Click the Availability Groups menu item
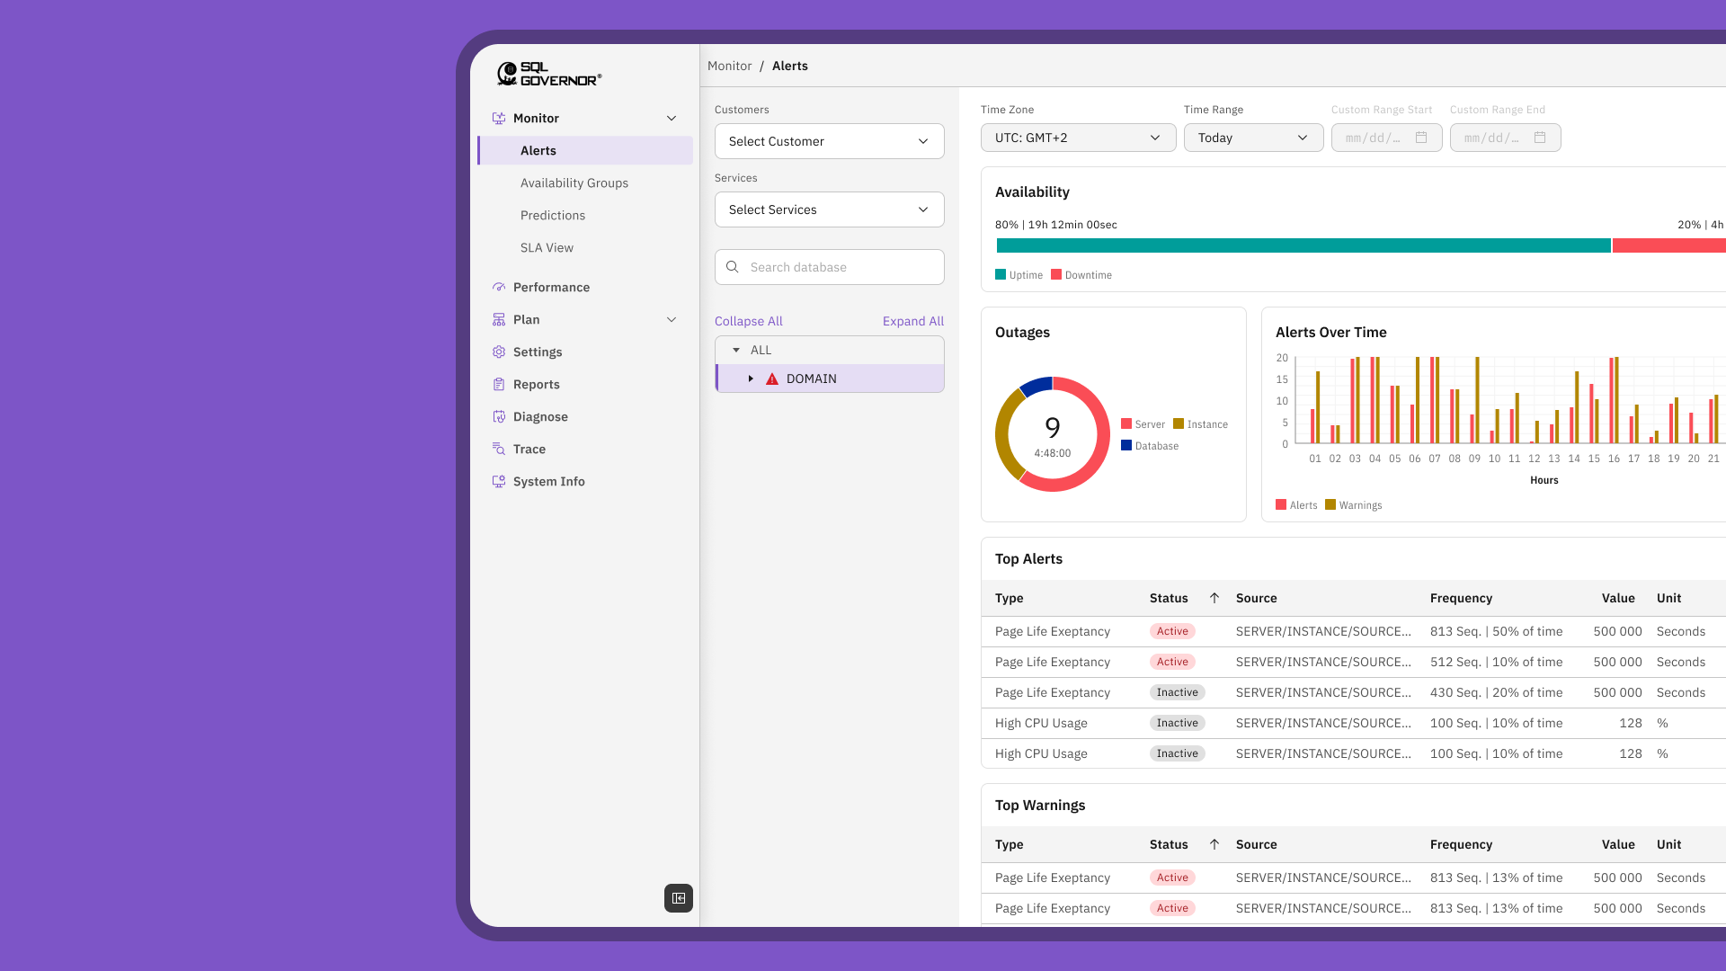pos(574,183)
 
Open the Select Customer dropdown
pos(829,141)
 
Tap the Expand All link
pos(912,321)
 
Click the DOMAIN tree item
pos(811,379)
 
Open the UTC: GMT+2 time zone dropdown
pos(1077,138)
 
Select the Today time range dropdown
pos(1252,138)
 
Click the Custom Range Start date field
pos(1385,138)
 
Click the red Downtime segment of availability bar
pos(1668,245)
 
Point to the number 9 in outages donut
pos(1053,428)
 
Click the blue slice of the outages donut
pos(1036,387)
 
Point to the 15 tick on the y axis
pos(1282,379)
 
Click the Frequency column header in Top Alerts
pos(1461,598)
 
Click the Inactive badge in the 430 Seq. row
pos(1177,692)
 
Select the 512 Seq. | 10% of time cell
pos(1496,662)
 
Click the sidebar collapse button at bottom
pos(679,898)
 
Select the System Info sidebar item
pos(548,481)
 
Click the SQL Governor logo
pos(549,74)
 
